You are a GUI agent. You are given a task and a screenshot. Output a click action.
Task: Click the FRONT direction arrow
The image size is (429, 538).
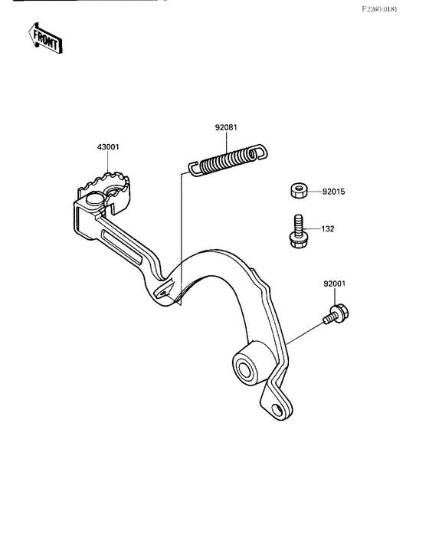45,38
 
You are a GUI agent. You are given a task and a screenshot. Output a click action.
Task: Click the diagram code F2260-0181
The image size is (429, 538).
380,9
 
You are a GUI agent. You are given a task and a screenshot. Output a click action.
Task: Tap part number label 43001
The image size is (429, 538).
108,147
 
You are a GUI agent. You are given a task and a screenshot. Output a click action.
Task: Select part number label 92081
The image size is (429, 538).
226,127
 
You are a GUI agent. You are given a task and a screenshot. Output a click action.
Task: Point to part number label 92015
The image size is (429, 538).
334,192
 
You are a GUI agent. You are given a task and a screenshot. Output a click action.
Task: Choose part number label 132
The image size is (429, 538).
327,229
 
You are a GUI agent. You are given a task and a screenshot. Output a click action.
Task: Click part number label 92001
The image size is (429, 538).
335,284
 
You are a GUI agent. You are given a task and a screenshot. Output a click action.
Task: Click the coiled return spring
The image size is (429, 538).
228,160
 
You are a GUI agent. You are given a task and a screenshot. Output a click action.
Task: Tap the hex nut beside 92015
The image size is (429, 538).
299,190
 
